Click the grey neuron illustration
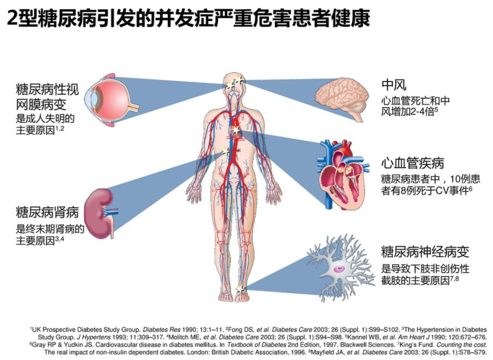tap(341, 268)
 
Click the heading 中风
tap(393, 84)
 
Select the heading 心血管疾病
tap(413, 163)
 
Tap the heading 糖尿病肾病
tap(47, 212)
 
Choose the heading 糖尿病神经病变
tap(425, 251)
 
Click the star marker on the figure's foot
tap(240, 288)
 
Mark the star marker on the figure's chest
tap(236, 130)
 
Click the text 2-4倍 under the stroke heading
tap(421, 112)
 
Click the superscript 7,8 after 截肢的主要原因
tap(455, 278)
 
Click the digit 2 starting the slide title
tap(12, 19)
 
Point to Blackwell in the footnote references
tap(354, 344)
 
